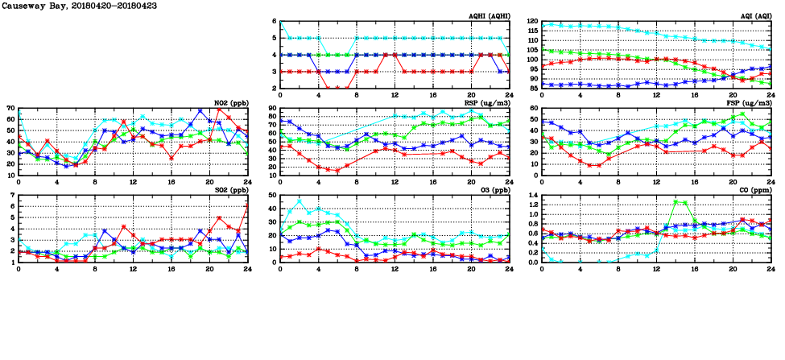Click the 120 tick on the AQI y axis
tap(532, 21)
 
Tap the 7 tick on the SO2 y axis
tap(12, 195)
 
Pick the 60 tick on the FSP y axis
tap(534, 108)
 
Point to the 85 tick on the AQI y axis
tap(534, 89)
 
